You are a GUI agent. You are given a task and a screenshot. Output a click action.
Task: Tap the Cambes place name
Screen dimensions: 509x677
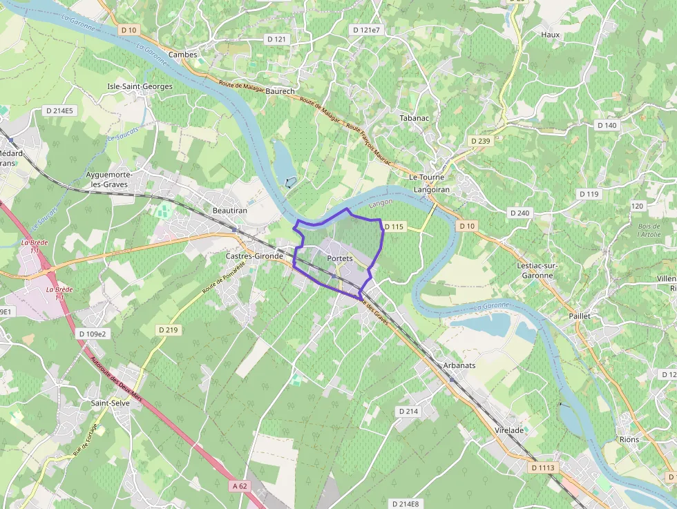[183, 55]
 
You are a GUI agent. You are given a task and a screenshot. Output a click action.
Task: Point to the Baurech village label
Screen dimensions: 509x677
[280, 91]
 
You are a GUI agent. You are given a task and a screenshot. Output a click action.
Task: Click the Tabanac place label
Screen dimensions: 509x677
[414, 118]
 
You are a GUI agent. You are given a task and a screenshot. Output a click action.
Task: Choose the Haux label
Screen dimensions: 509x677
[551, 35]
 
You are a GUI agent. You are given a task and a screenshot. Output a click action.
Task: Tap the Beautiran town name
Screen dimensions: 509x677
[230, 209]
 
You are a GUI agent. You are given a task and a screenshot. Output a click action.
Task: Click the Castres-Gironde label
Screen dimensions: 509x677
[254, 256]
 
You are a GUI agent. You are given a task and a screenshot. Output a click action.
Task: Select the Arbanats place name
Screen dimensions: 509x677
[459, 365]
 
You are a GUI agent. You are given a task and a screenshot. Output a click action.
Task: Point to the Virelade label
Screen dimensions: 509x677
[510, 430]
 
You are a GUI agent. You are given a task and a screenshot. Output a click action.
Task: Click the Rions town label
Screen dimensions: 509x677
[629, 439]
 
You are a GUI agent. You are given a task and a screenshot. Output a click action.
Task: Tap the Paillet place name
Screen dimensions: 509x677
[580, 316]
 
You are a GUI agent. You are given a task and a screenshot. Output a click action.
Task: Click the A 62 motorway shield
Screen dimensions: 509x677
[240, 486]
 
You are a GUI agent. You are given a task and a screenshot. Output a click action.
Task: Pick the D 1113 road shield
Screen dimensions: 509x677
[543, 468]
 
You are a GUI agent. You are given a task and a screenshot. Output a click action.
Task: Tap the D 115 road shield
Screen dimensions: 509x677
[393, 227]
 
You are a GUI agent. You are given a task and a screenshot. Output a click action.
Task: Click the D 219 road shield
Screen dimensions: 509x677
[167, 330]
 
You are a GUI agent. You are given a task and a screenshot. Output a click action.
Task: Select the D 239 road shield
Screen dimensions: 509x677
[480, 141]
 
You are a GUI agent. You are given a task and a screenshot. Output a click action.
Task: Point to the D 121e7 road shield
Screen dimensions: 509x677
[366, 30]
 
